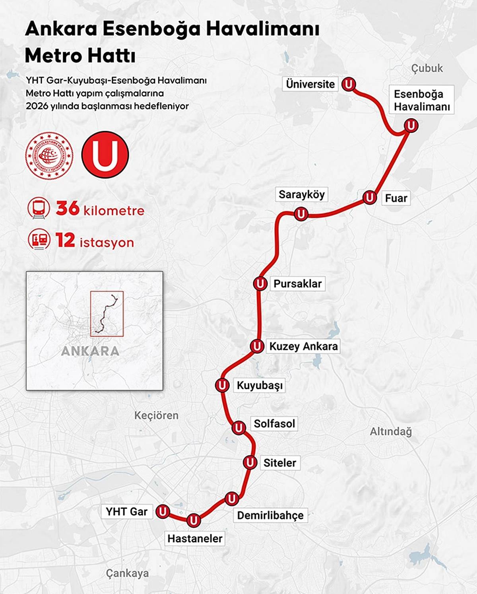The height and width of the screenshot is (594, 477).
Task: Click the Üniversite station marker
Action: point(349,84)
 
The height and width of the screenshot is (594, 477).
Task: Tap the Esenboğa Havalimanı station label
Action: point(421,100)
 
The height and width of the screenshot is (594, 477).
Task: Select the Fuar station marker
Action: point(370,197)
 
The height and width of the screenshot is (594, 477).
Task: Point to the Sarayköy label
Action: point(301,194)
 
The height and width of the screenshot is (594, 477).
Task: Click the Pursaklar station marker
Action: point(260,283)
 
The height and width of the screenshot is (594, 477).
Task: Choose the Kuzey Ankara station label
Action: point(303,346)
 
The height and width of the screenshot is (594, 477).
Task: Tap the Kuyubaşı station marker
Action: point(222,385)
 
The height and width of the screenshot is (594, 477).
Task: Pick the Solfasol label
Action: point(274,423)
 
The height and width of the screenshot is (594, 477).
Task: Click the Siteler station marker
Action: point(250,462)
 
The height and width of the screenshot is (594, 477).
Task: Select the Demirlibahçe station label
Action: point(270,515)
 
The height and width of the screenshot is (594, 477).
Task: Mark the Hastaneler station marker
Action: point(194,520)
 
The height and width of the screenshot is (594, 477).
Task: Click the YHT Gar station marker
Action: point(162,511)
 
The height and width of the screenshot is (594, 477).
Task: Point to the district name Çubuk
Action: point(427,68)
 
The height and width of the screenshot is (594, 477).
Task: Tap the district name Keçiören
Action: point(156,415)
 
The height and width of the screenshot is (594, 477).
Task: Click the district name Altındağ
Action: point(391,431)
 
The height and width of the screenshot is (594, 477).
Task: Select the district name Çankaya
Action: point(127,573)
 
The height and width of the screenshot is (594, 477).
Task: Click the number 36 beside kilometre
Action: point(68,208)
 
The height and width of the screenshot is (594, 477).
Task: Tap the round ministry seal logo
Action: point(49,155)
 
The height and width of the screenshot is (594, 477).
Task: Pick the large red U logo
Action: point(105,155)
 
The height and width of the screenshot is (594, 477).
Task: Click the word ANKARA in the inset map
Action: point(90,351)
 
